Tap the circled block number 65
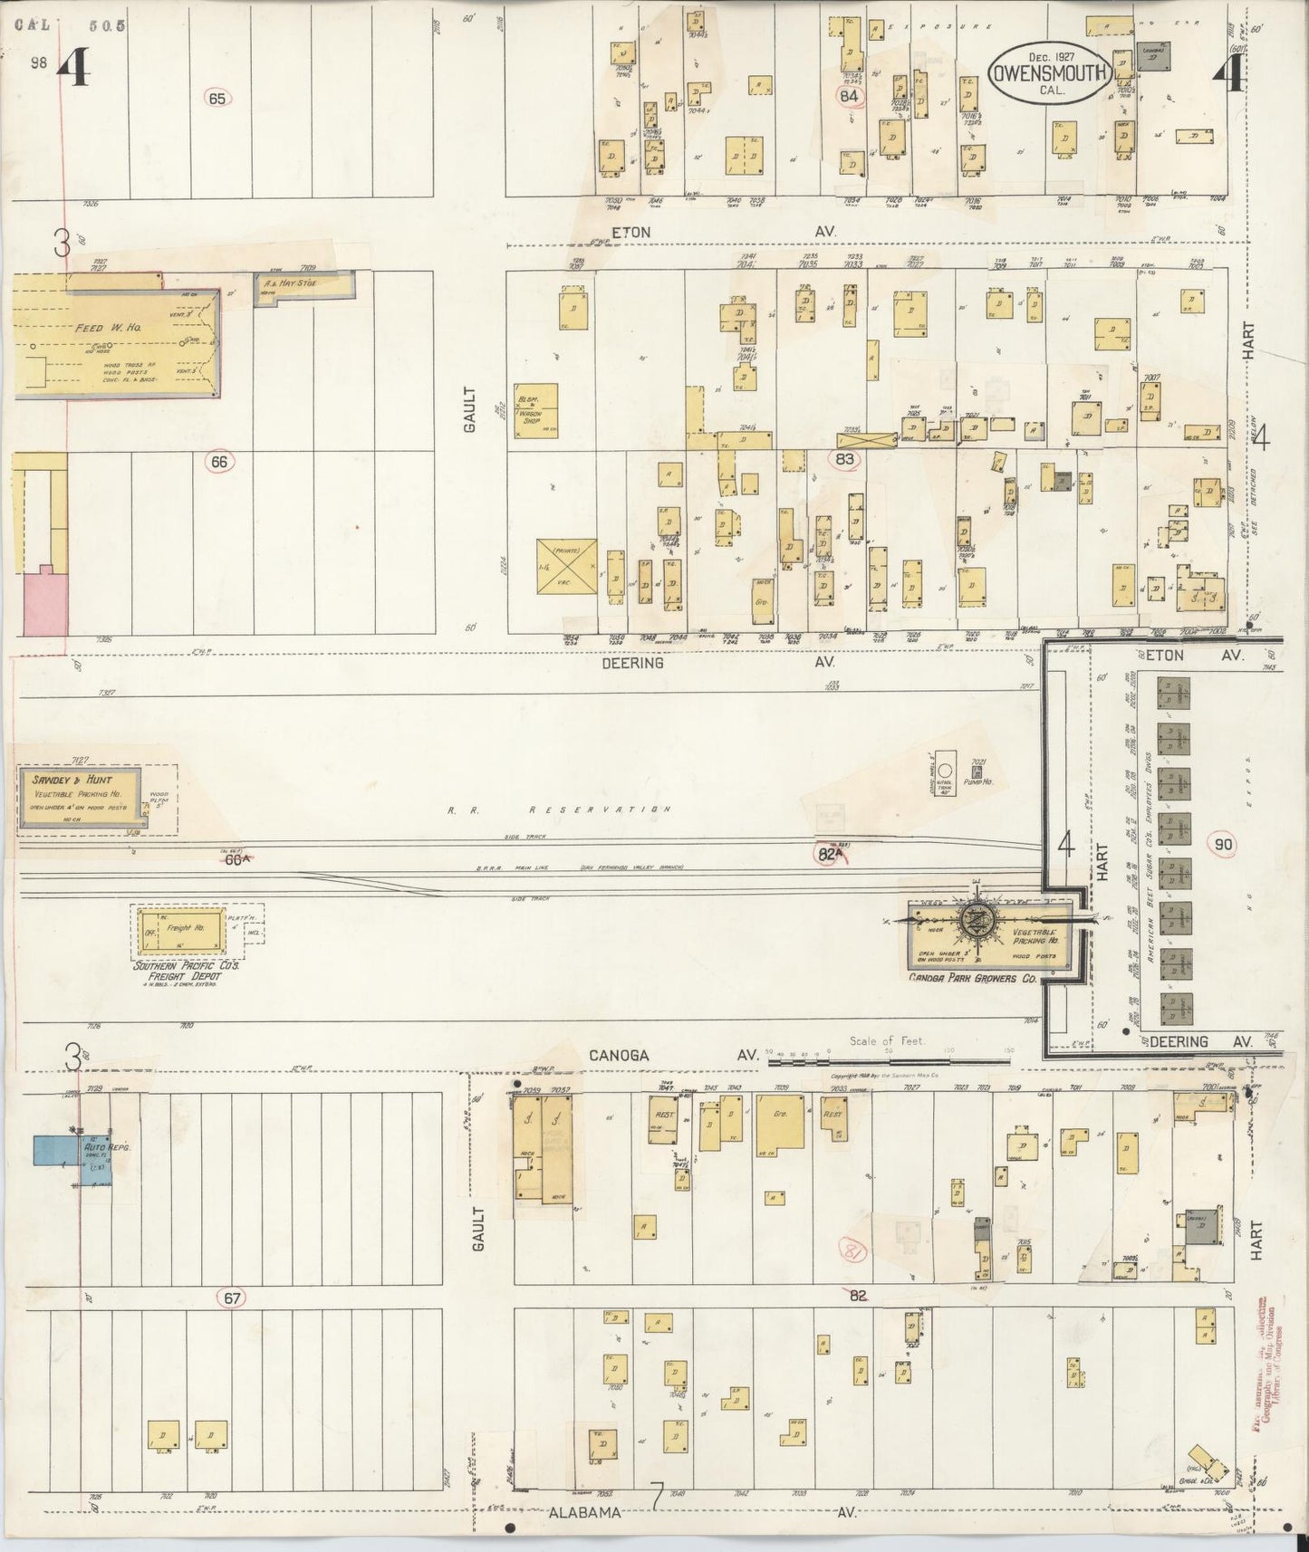coord(216,99)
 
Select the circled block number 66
coord(218,462)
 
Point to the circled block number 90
coord(1223,845)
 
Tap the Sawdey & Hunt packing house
coord(80,797)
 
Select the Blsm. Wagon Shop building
coord(536,412)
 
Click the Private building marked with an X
coord(566,567)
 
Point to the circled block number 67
coord(233,1298)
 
